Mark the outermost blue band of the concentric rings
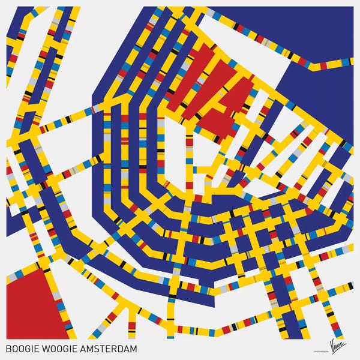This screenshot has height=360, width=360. coord(99,150)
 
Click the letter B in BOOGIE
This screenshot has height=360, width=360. coord(8,348)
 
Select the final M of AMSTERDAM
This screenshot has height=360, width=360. coord(133,348)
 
